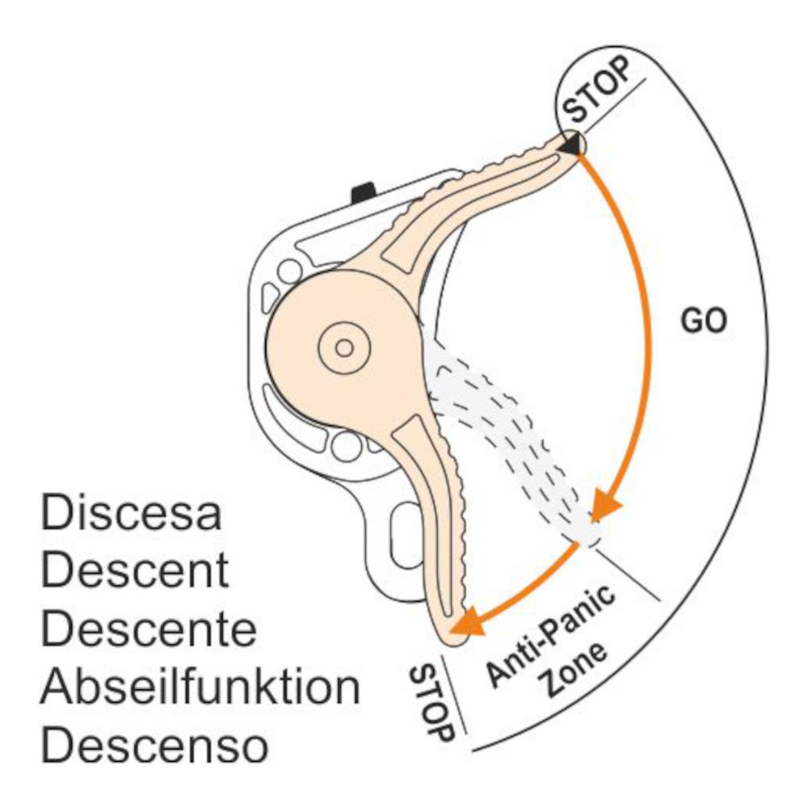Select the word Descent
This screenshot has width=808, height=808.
click(x=135, y=572)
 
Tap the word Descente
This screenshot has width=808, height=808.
click(x=149, y=630)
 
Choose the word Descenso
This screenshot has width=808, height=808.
click(x=154, y=747)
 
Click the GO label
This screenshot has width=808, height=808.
click(x=704, y=322)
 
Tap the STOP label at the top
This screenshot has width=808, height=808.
click(x=599, y=89)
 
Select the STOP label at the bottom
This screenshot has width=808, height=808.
click(x=431, y=703)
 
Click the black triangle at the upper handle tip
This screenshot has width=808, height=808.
click(x=571, y=145)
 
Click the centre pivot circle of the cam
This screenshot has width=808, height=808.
click(x=344, y=348)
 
